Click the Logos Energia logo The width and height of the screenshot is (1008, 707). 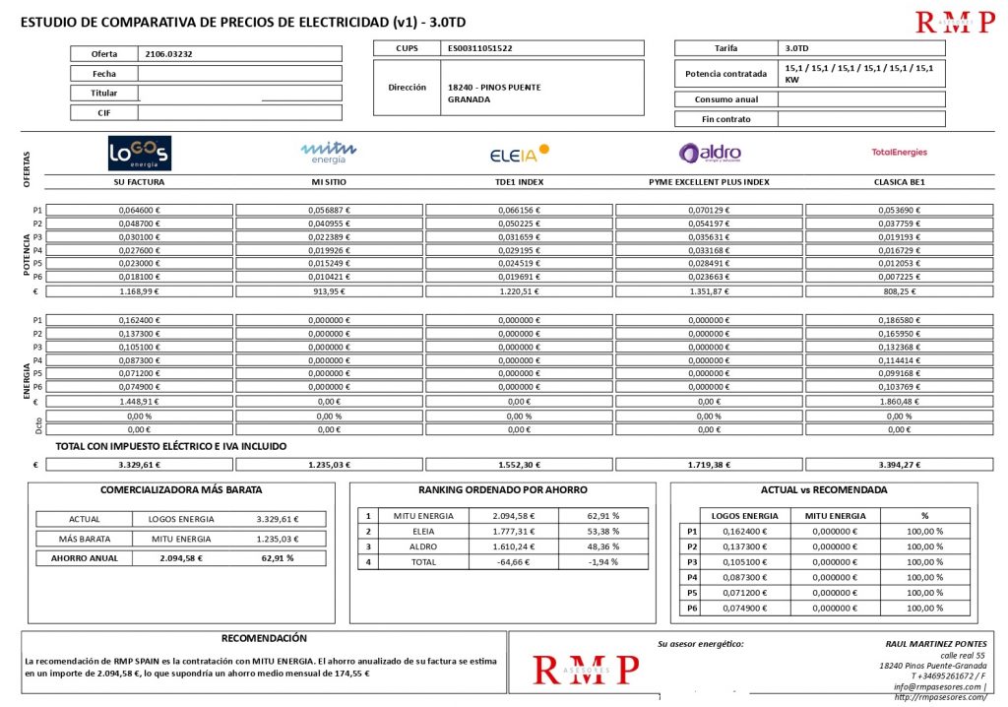click(139, 154)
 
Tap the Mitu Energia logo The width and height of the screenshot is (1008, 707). click(329, 153)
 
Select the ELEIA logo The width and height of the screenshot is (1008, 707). click(519, 154)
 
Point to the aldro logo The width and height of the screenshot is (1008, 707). click(709, 153)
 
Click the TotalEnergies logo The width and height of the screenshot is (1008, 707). click(899, 153)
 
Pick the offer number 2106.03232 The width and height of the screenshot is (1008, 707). click(168, 54)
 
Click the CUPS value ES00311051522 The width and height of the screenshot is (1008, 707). click(479, 48)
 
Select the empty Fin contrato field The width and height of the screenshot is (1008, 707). click(861, 119)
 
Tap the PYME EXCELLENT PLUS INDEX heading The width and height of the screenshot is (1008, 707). click(709, 182)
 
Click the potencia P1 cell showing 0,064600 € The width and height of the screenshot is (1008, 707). click(139, 210)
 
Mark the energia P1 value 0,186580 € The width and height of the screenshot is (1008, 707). click(899, 320)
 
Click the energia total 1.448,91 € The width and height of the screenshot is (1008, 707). click(139, 401)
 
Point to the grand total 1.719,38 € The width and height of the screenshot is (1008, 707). click(709, 464)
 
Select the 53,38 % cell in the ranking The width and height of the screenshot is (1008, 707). click(602, 531)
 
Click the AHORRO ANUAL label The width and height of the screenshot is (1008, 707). click(84, 557)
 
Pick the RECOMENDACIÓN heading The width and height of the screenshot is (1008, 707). click(264, 638)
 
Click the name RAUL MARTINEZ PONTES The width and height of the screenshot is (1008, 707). click(935, 643)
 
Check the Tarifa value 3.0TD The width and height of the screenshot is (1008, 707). click(797, 48)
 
